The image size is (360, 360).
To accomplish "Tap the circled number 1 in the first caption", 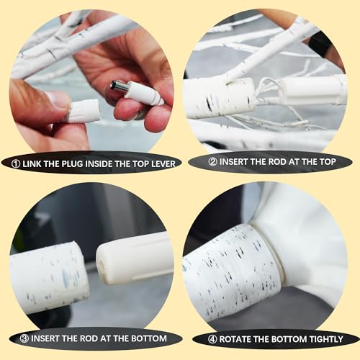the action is pyautogui.click(x=16, y=164).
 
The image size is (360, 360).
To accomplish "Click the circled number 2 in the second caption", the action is pyautogui.click(x=212, y=162).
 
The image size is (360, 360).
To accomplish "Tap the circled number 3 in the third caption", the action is pyautogui.click(x=24, y=338).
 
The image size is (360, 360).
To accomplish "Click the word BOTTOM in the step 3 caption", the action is pyautogui.click(x=149, y=338).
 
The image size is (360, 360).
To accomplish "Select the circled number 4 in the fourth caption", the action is pyautogui.click(x=212, y=339).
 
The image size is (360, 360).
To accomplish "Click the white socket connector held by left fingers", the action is pyautogui.click(x=84, y=111).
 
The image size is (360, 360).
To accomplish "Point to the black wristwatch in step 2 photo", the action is pyautogui.click(x=319, y=45).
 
